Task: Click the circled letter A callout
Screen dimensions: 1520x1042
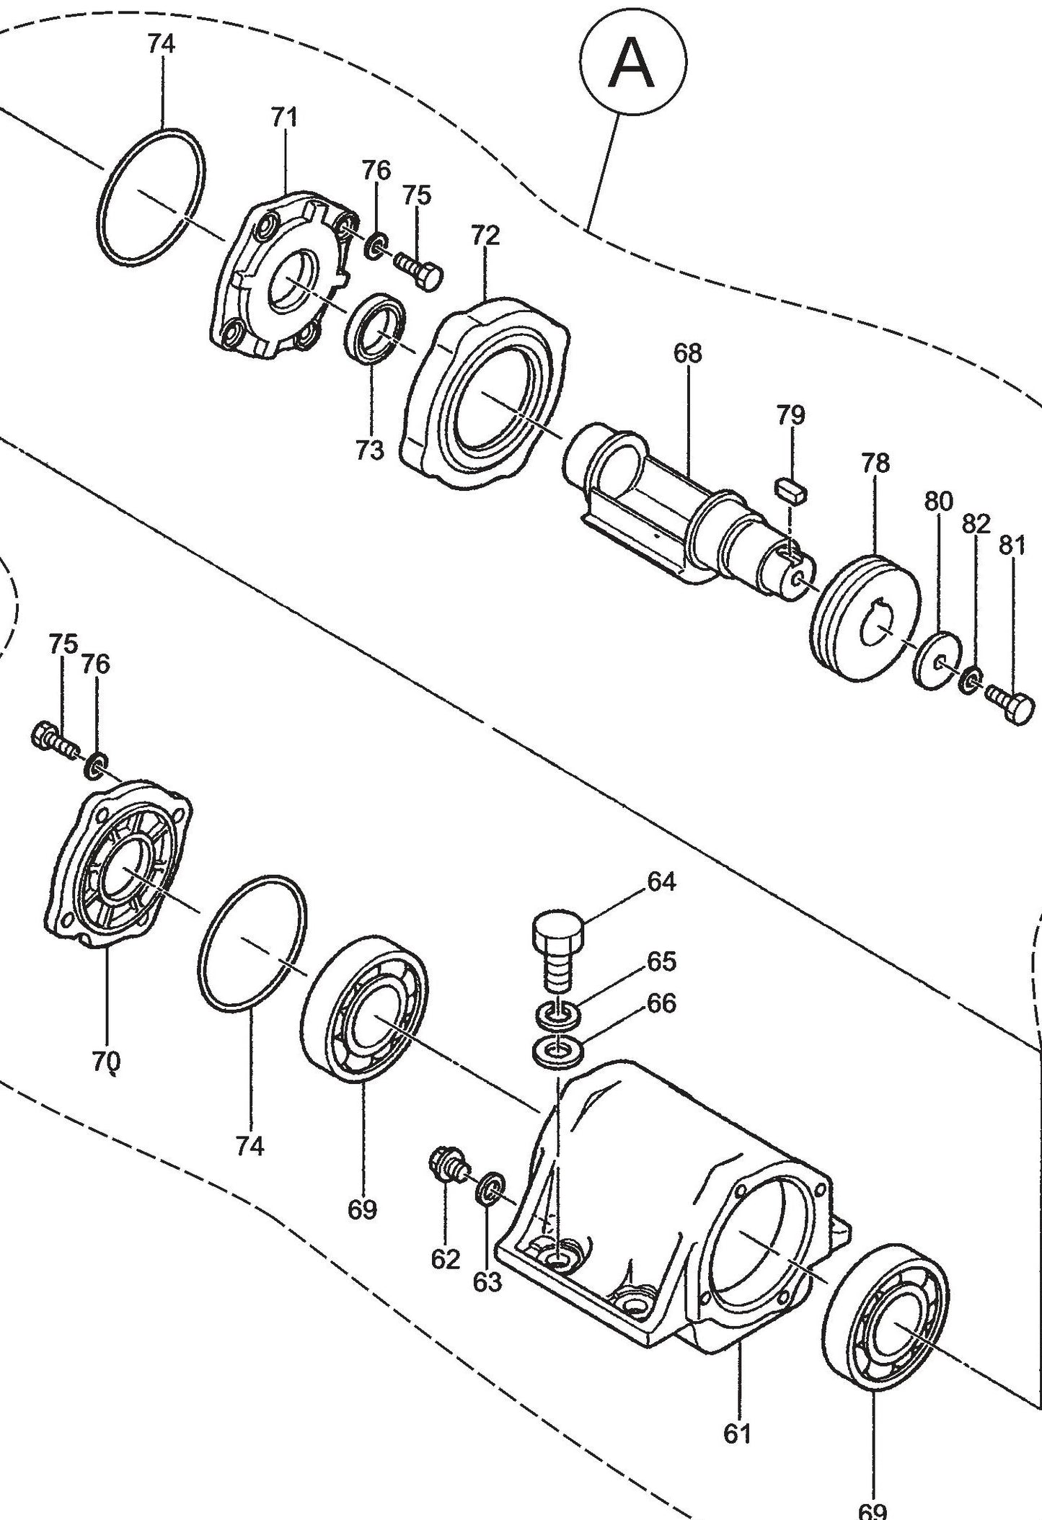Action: pos(632,64)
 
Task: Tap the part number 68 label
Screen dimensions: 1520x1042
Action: pos(687,353)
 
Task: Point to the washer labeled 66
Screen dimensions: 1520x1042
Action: pos(558,1051)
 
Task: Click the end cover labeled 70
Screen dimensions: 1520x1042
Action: pos(115,865)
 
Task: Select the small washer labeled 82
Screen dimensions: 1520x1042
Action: pos(971,678)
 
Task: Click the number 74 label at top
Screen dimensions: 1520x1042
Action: pos(161,44)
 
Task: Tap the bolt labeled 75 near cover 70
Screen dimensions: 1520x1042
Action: pos(52,739)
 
